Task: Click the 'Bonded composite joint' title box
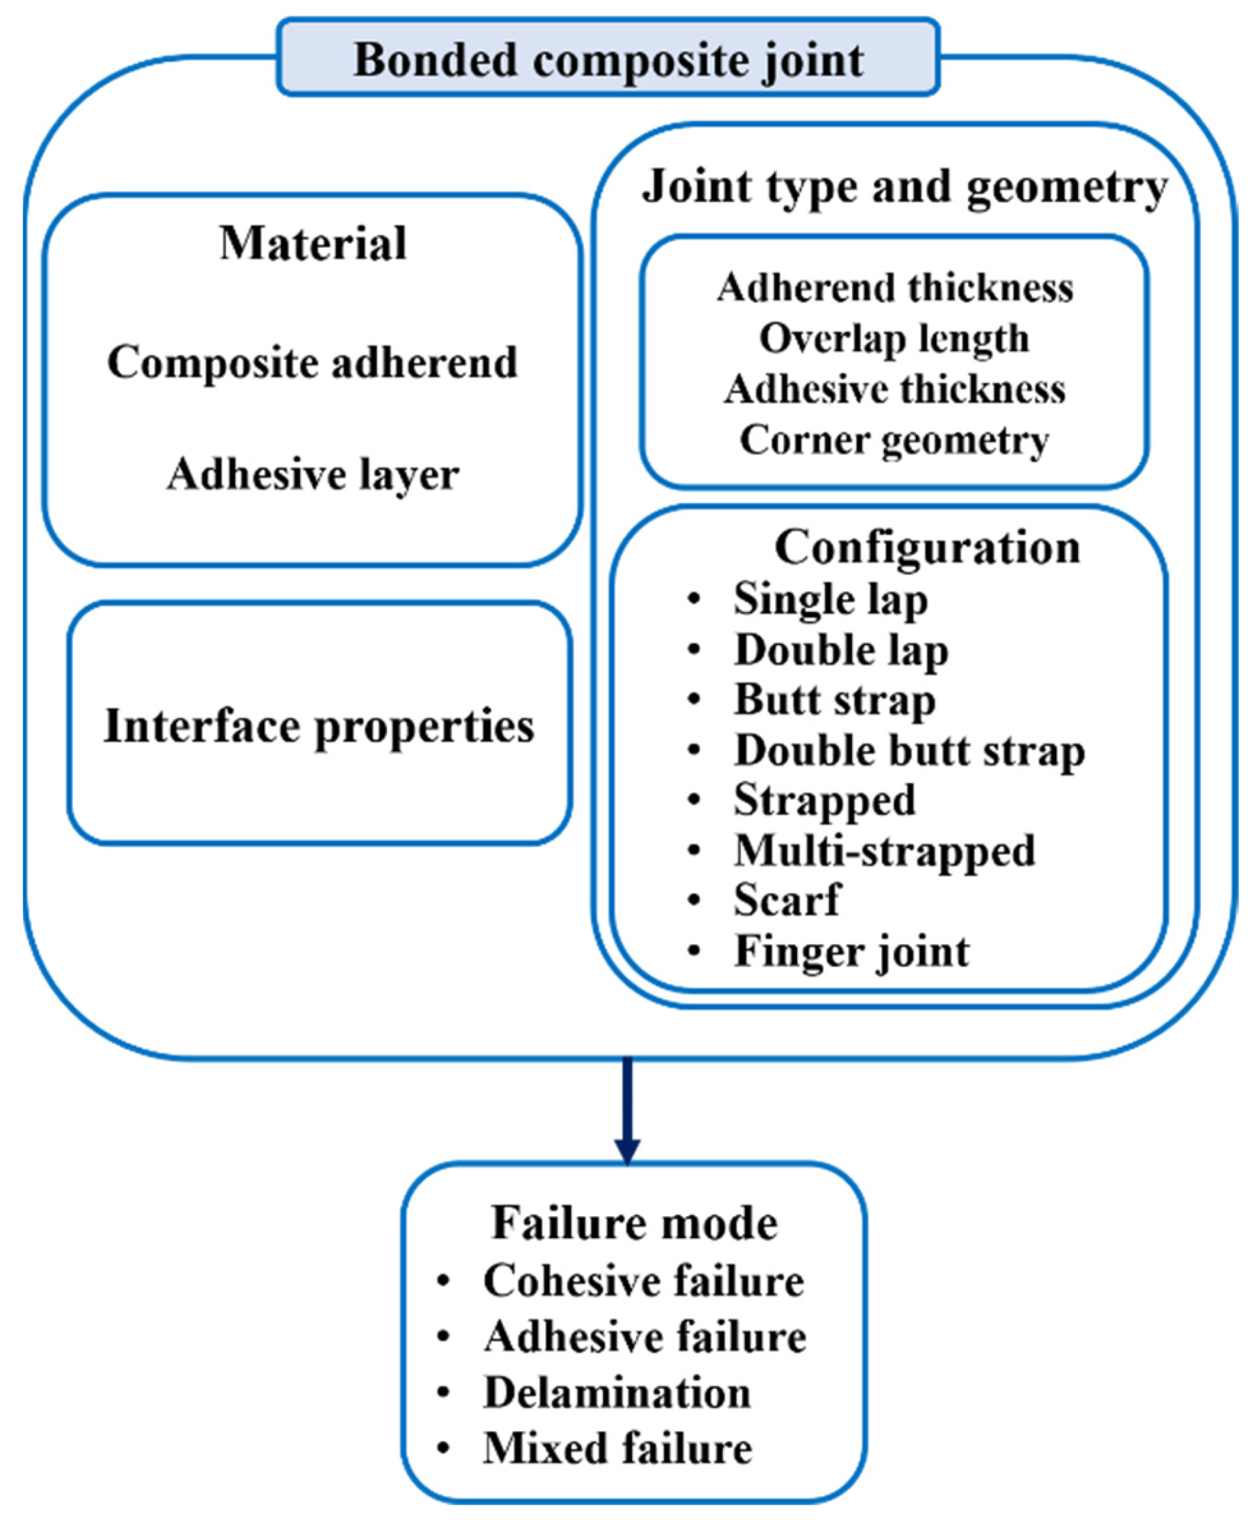click(x=608, y=58)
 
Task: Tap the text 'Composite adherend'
click(x=312, y=362)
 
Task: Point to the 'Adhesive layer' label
click(x=312, y=475)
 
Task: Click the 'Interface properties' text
click(x=319, y=726)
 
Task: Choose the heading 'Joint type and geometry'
click(x=904, y=187)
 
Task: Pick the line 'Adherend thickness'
click(x=895, y=288)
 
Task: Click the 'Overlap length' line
click(x=893, y=339)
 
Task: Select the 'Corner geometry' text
click(x=893, y=440)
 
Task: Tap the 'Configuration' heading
click(x=927, y=547)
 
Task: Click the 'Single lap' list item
click(x=830, y=600)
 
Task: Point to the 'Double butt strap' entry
click(x=910, y=751)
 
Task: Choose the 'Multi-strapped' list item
click(x=884, y=851)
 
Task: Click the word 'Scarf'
click(x=787, y=901)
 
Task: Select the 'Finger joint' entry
click(x=851, y=952)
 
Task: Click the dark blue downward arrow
click(x=627, y=1109)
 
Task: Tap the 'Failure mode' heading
click(x=634, y=1224)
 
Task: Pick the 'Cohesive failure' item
click(x=644, y=1281)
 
